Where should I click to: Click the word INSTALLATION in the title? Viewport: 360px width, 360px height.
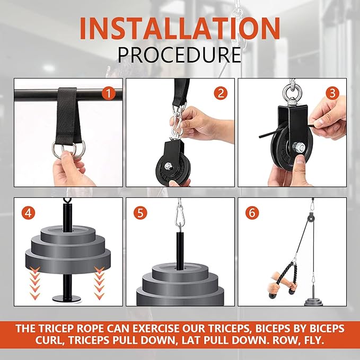click(x=180, y=28)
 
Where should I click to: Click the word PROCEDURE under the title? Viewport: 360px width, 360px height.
click(x=179, y=55)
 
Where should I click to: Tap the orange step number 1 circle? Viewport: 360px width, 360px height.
click(x=108, y=93)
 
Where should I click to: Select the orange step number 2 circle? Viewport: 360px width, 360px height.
click(x=221, y=93)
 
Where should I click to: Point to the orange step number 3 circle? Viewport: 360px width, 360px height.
click(x=332, y=93)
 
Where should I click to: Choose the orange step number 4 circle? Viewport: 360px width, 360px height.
click(x=28, y=213)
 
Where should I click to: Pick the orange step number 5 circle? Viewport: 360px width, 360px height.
click(x=140, y=213)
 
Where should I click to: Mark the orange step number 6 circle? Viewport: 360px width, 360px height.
click(x=252, y=213)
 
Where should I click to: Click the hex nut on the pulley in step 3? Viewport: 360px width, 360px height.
click(x=298, y=146)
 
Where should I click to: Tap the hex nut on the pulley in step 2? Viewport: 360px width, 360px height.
click(x=168, y=166)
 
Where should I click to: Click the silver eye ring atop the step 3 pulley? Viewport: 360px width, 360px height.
click(x=292, y=92)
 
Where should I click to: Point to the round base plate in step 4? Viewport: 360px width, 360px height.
click(x=67, y=299)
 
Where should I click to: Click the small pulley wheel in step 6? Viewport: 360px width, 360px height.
click(x=310, y=218)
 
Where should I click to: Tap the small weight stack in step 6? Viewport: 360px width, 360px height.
click(x=313, y=302)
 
